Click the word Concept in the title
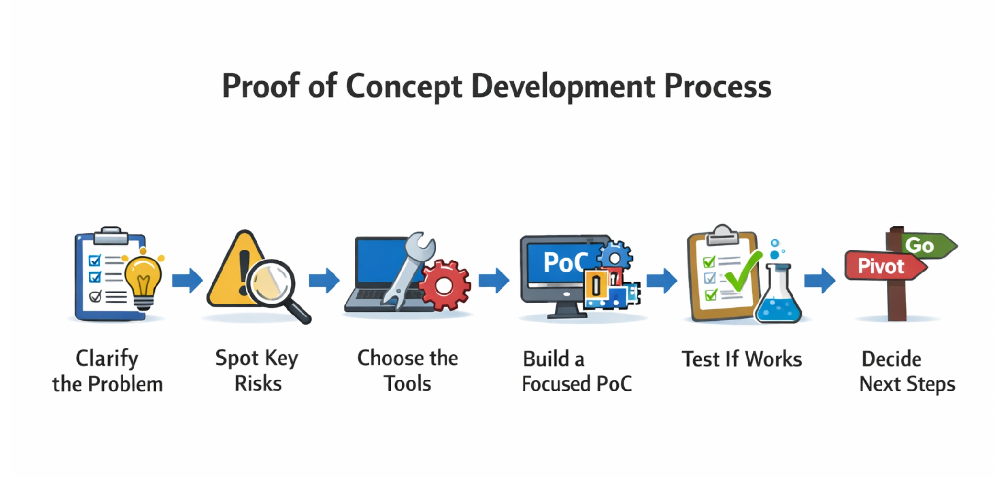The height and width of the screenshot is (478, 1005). click(x=403, y=87)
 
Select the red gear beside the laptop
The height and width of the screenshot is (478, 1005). click(x=445, y=286)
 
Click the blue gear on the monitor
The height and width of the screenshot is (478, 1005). click(x=615, y=258)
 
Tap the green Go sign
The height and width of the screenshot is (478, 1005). click(x=926, y=246)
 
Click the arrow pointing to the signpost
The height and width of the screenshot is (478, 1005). click(x=819, y=280)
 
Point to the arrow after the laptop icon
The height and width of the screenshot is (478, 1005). click(x=494, y=280)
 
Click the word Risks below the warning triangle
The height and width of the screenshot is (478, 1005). click(x=258, y=384)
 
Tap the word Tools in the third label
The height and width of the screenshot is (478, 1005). click(x=407, y=384)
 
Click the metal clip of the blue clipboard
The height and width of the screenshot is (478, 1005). click(x=111, y=235)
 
